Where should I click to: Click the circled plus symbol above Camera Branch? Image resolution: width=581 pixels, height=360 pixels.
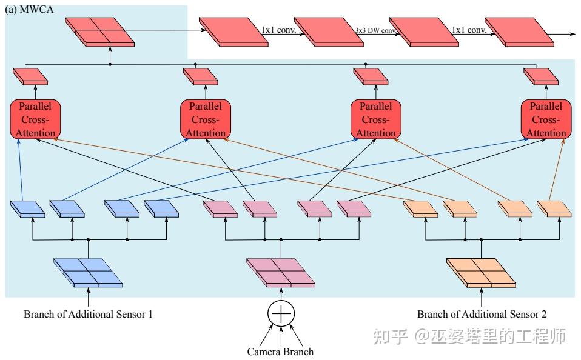coord(281,313)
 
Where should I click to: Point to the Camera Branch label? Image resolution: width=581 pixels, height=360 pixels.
coord(280,351)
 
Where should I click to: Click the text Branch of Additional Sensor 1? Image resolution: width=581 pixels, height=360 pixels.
coord(88,314)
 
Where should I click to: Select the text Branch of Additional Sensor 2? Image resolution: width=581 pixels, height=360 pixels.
coord(482,314)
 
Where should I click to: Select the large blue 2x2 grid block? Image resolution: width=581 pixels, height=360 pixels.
coord(88,272)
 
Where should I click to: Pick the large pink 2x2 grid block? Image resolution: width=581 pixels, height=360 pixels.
coord(281,272)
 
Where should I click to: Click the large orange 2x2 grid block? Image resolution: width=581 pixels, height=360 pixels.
coord(482,272)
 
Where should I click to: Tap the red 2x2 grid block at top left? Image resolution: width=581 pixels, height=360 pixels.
coord(100,32)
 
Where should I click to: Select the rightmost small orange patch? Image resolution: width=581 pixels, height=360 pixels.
coord(554,209)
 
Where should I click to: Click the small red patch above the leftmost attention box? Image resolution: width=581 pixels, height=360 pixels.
coord(30,76)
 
